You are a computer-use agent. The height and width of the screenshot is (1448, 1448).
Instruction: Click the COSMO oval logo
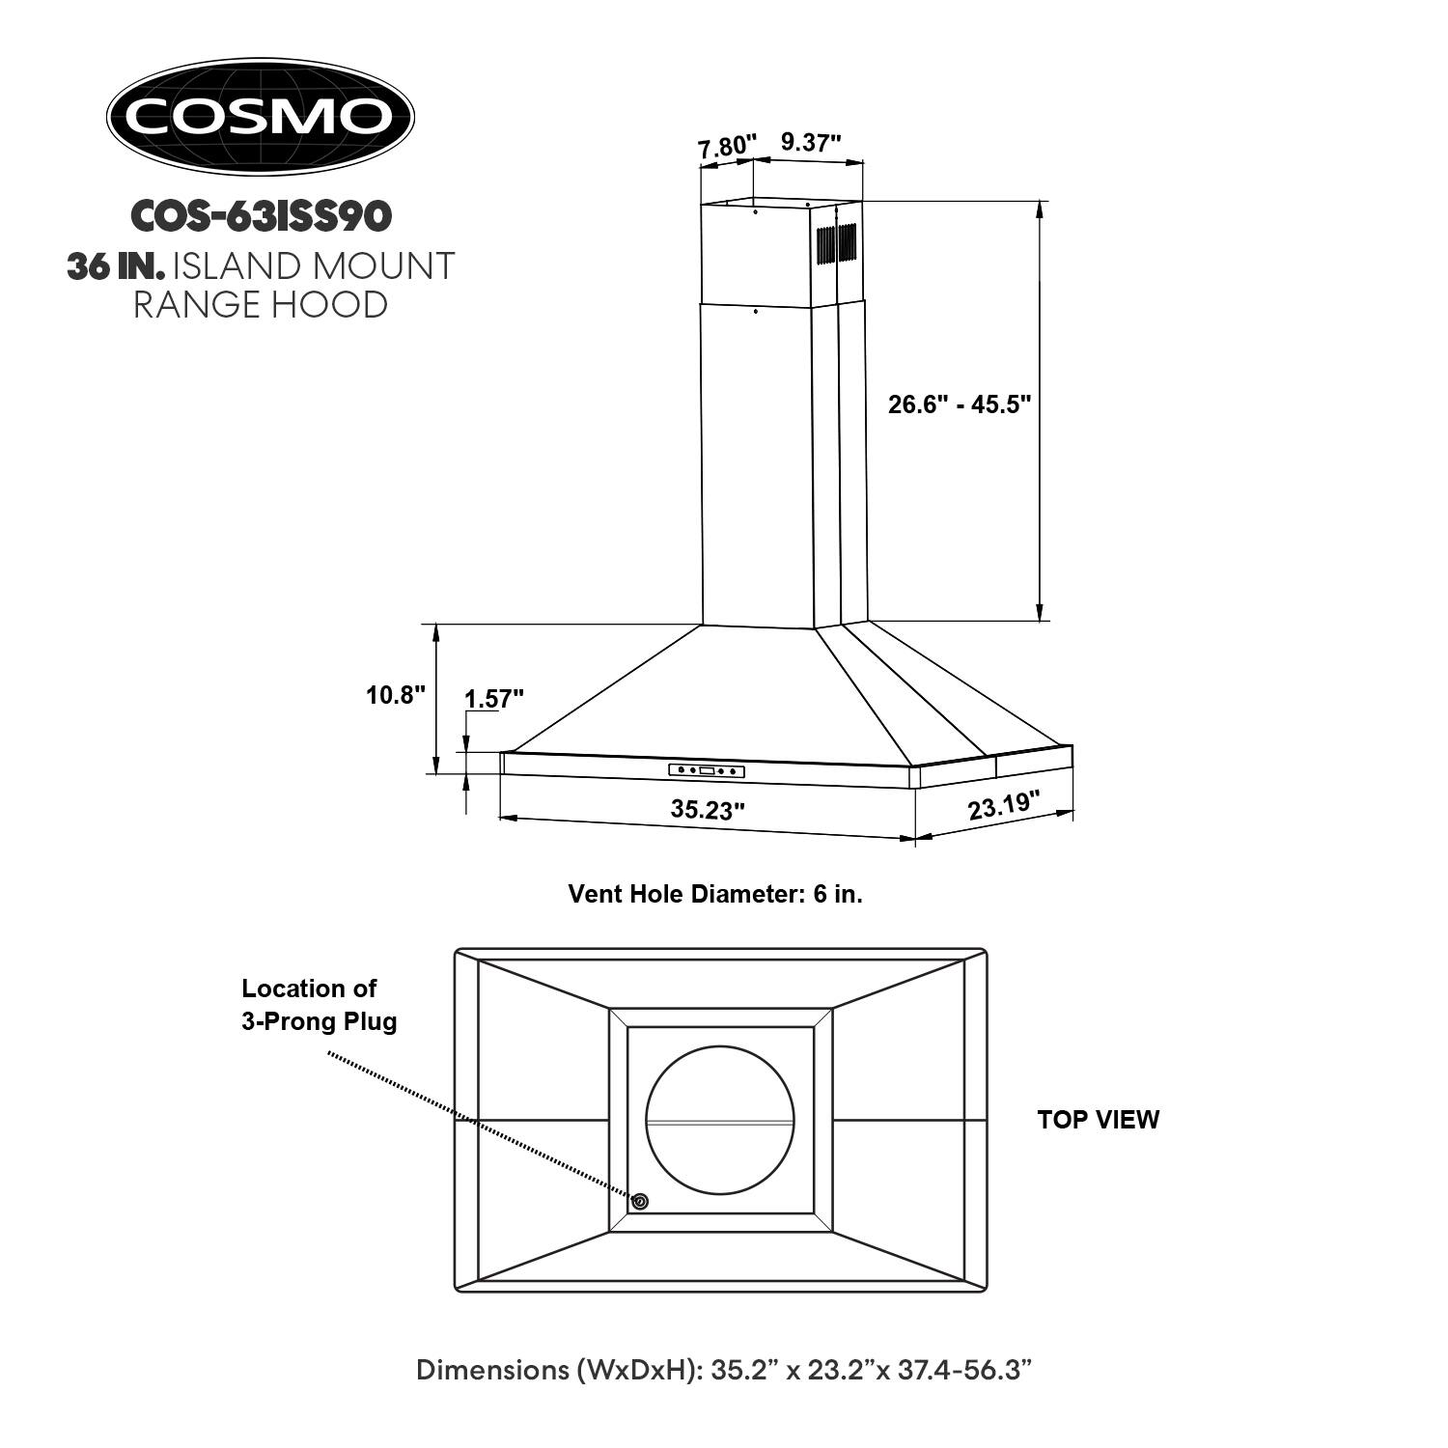click(260, 117)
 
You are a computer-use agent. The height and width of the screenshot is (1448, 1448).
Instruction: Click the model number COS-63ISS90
click(261, 216)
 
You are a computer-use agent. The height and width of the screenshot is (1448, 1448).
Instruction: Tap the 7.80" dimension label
click(725, 147)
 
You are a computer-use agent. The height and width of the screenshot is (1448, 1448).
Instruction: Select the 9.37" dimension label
click(811, 143)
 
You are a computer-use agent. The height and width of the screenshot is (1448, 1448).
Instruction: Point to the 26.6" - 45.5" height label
click(960, 404)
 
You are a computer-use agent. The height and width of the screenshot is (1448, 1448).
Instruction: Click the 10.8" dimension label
click(396, 694)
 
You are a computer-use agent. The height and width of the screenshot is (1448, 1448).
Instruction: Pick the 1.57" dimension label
click(494, 699)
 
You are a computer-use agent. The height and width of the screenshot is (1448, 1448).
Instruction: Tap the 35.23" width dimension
click(708, 809)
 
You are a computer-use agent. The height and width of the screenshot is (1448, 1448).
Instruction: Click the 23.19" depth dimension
click(1004, 805)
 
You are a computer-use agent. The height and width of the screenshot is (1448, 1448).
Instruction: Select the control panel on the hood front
click(708, 770)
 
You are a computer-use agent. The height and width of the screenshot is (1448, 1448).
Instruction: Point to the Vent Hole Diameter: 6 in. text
click(715, 894)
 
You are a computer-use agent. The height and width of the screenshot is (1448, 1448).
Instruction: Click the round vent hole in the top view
click(720, 1120)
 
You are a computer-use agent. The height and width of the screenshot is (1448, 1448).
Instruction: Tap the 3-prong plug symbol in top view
click(639, 1202)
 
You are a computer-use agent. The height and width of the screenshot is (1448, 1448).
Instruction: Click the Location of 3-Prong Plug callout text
click(319, 1005)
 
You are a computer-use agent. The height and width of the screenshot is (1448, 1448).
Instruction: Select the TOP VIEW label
click(1099, 1120)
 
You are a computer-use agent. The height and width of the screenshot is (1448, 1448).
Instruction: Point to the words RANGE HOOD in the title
click(261, 305)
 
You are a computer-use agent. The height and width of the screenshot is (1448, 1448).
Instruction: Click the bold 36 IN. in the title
click(109, 266)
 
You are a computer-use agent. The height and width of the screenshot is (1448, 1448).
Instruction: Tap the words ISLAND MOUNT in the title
click(313, 266)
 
